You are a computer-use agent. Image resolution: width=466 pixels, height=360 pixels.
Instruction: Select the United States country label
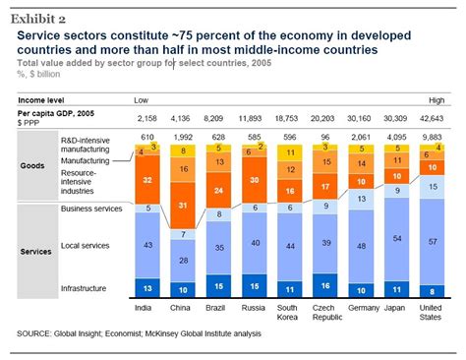(x=431, y=310)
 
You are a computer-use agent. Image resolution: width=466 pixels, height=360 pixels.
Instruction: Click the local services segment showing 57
(x=431, y=240)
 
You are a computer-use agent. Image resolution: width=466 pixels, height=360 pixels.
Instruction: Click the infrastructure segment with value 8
(x=431, y=290)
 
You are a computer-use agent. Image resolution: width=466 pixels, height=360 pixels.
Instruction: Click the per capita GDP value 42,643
(x=431, y=118)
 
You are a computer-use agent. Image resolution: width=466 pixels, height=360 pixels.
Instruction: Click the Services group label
(x=37, y=251)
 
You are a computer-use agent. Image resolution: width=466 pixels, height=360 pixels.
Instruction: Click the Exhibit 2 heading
(x=39, y=16)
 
